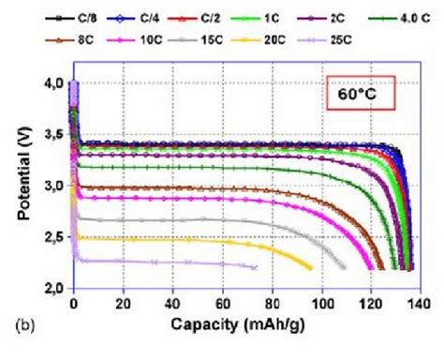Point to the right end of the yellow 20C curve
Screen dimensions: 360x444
[x=311, y=268]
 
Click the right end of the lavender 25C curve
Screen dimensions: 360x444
[x=256, y=267]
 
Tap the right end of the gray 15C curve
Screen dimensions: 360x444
[x=345, y=267]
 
